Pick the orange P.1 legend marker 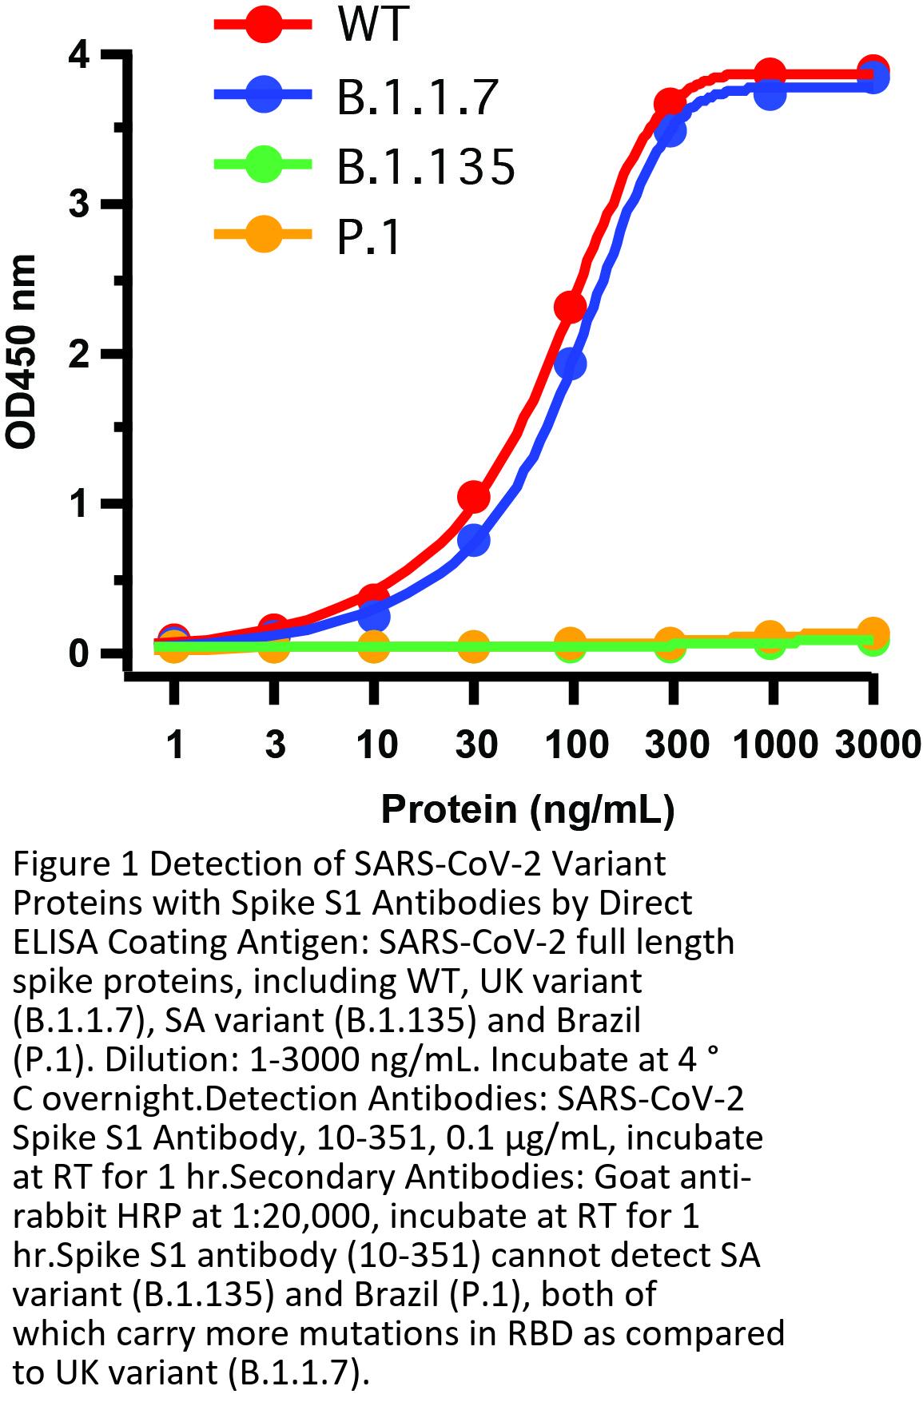point(265,235)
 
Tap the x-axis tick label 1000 point(773,745)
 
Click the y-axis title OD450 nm point(22,352)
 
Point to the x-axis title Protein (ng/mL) point(527,809)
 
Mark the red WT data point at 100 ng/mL point(570,306)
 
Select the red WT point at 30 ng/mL point(473,497)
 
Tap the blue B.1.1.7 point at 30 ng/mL point(473,541)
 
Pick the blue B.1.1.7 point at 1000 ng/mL point(770,94)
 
